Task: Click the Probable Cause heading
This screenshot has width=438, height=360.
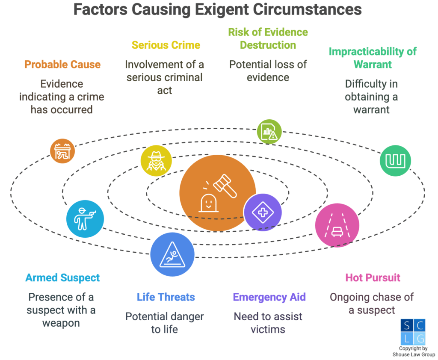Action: point(62,65)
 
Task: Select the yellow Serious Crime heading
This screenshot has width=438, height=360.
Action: point(166,45)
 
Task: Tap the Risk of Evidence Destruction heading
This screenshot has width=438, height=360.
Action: point(268,38)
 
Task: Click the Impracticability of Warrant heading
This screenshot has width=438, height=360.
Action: point(372,58)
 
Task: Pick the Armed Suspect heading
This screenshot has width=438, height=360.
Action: point(62,277)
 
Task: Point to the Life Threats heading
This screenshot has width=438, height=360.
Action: point(166,297)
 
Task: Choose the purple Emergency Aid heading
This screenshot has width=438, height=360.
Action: point(269,297)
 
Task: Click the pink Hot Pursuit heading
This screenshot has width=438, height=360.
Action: point(373,277)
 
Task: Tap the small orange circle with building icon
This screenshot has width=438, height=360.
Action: point(62,150)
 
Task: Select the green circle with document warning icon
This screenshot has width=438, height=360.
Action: point(269,132)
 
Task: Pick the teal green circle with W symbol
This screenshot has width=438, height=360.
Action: point(395,161)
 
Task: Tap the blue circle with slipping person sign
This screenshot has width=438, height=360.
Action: point(172,255)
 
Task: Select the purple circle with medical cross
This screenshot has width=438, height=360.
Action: point(262,212)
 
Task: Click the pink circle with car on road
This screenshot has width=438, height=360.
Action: point(337,225)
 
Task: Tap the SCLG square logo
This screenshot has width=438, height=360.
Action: point(413,332)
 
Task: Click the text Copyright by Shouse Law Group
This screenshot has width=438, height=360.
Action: point(413,351)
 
